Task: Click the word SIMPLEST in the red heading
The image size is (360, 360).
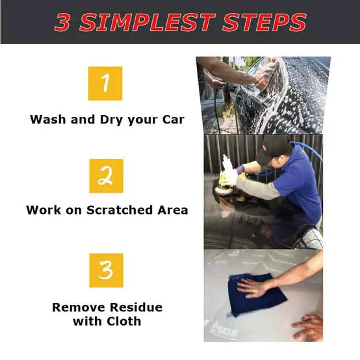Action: [x=147, y=22]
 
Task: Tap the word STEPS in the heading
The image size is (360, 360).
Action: [x=264, y=22]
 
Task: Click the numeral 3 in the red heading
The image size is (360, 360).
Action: [x=62, y=22]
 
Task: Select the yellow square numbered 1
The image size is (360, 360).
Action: [x=105, y=83]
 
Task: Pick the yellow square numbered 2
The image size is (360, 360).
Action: [x=107, y=176]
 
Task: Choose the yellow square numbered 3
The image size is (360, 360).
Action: [x=107, y=270]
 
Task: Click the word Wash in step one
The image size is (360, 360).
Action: [x=47, y=120]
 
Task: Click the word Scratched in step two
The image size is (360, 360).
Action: [x=120, y=210]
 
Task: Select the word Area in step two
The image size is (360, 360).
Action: [x=173, y=210]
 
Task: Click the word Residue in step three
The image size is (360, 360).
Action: [x=136, y=307]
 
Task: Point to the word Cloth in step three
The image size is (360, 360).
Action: [x=124, y=321]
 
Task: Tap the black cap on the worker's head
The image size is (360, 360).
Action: [x=273, y=149]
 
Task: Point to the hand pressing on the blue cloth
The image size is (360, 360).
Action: [x=252, y=287]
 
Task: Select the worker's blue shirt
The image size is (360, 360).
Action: [x=298, y=184]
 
